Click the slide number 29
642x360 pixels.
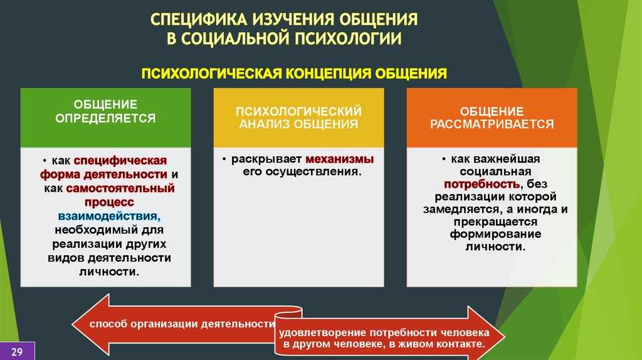pos(17,352)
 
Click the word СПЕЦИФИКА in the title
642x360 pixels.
pos(199,19)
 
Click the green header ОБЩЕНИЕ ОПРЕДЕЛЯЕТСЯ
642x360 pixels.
pos(105,111)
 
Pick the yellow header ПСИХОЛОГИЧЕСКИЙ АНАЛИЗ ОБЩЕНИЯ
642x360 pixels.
pos(298,117)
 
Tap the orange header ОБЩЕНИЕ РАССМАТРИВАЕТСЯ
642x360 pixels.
pos(492,117)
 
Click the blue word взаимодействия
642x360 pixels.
pos(109,216)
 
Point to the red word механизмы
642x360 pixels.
pos(339,159)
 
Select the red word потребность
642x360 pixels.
pos(482,184)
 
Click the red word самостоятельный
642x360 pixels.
pos(120,188)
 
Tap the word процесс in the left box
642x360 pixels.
pos(109,203)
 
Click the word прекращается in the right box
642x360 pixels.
pos(495,222)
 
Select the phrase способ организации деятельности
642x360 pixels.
pos(182,324)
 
